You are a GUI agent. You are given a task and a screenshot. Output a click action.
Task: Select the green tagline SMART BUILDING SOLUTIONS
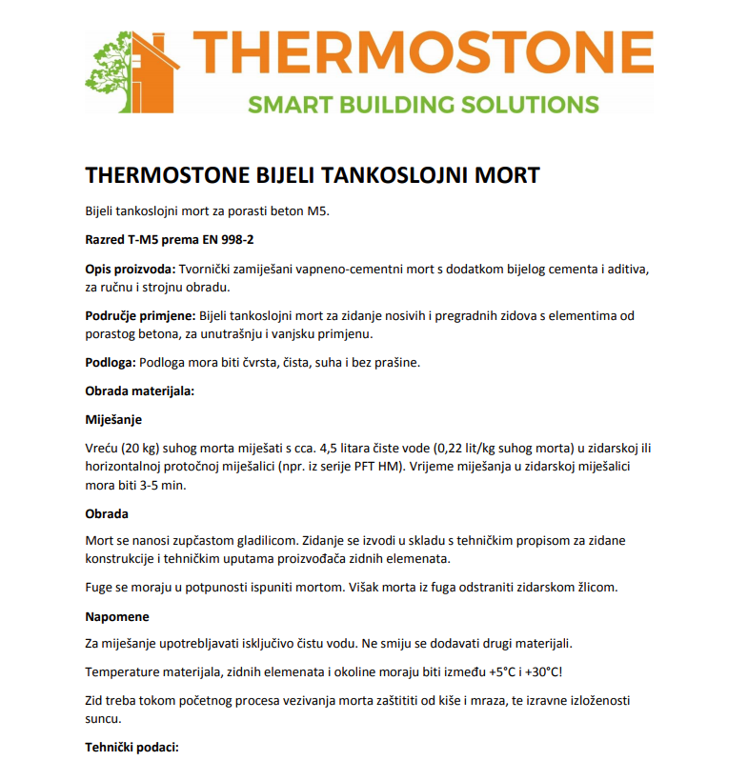[x=423, y=104]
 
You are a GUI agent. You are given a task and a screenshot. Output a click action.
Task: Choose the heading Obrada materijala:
[x=139, y=391]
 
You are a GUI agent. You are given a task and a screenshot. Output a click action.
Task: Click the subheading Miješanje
[x=113, y=420]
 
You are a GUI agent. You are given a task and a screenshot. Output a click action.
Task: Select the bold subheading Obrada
[x=107, y=514]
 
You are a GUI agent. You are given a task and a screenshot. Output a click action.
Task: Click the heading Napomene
[x=117, y=616]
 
